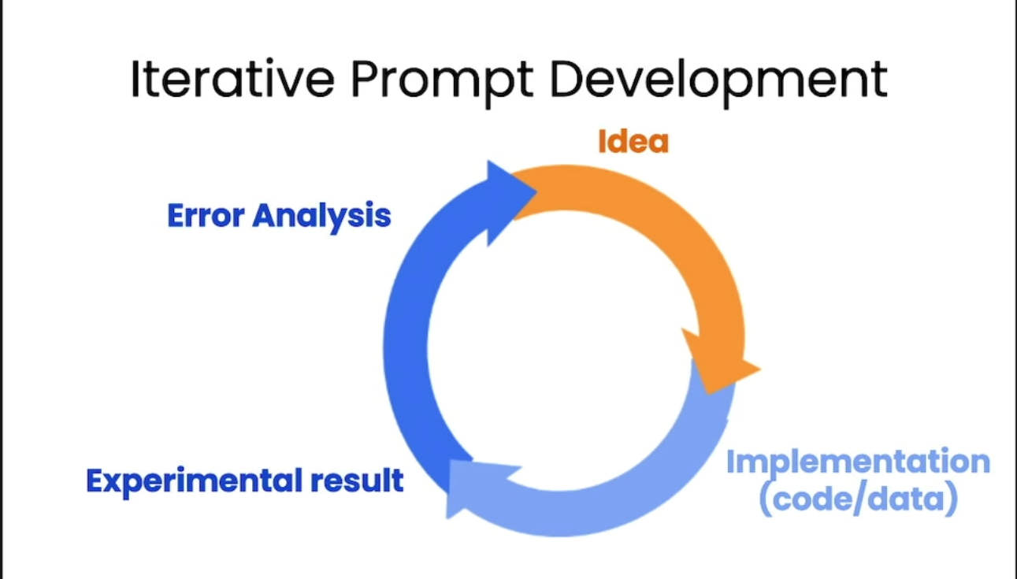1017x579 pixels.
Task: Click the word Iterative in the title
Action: click(x=233, y=78)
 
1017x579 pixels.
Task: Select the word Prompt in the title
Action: click(x=442, y=83)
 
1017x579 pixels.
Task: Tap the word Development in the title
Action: click(x=718, y=83)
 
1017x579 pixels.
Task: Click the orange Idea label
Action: click(x=633, y=141)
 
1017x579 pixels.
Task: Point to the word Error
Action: click(x=206, y=215)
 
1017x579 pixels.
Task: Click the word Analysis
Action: click(x=321, y=217)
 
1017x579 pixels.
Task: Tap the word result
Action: click(x=358, y=480)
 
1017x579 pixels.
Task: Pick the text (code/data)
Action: click(x=858, y=499)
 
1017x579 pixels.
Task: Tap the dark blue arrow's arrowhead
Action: click(x=510, y=202)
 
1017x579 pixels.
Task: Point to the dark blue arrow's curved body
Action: click(x=406, y=345)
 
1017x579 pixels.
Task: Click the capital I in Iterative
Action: click(x=135, y=78)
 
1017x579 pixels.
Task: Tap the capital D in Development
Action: click(x=566, y=79)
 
